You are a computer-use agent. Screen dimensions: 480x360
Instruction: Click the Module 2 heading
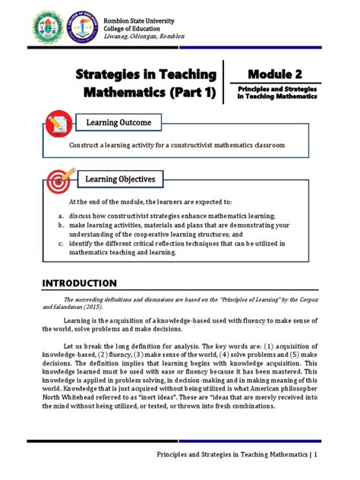coord(274,74)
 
